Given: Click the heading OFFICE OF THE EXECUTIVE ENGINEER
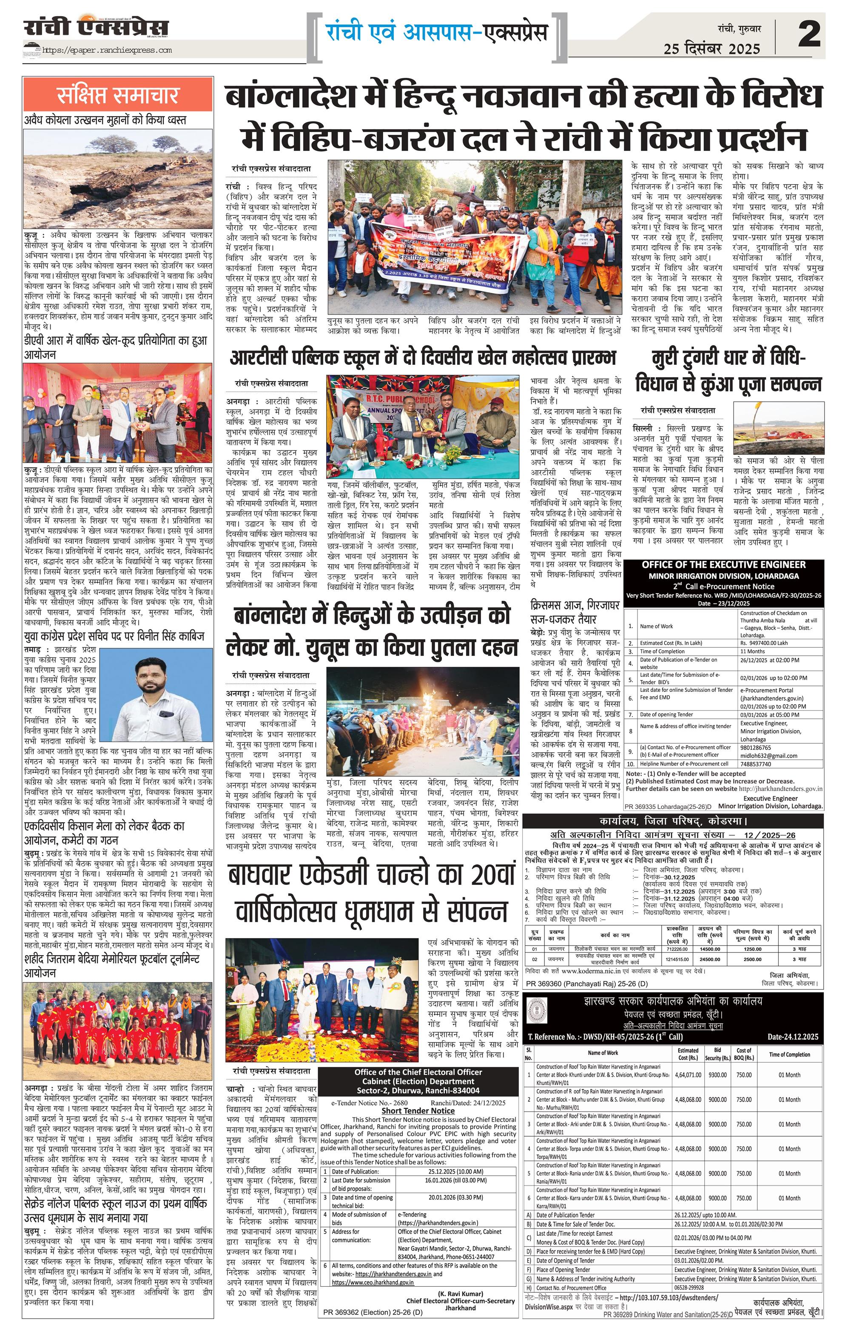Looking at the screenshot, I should pyautogui.click(x=723, y=564).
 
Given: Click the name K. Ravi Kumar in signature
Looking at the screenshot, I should pyautogui.click(x=461, y=1294).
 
